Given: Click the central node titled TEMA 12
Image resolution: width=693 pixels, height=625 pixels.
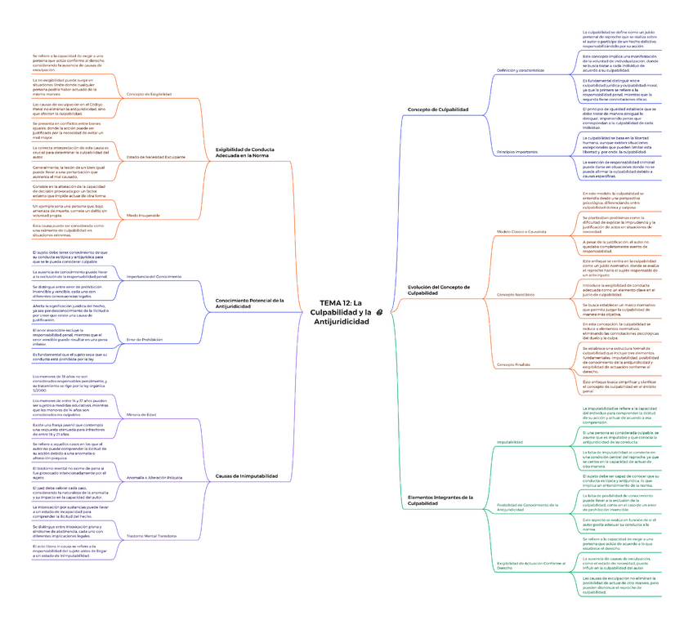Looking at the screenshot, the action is coord(340,312).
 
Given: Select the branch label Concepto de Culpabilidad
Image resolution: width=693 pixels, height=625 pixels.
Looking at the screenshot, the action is coord(437,109).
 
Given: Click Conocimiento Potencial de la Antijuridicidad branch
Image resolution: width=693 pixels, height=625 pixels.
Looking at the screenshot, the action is coord(249,304).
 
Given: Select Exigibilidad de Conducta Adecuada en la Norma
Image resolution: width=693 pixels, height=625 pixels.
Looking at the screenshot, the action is coord(244,153).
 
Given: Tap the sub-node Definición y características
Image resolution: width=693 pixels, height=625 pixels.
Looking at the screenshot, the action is coord(521,71).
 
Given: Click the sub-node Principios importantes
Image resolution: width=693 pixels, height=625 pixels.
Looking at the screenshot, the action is coord(516,152).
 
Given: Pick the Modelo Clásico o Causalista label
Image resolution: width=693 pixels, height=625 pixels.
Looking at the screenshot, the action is coord(521,232).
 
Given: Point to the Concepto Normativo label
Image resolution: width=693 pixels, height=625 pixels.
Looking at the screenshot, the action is coord(516,294).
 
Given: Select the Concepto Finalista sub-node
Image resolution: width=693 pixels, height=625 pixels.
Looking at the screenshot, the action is coord(514,364).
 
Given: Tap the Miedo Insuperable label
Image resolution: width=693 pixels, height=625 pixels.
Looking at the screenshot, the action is coord(143,215).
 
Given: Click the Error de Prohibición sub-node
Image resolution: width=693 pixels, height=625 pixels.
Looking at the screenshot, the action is coord(145,339).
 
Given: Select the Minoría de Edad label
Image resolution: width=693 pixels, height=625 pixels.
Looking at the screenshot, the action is coord(143,415).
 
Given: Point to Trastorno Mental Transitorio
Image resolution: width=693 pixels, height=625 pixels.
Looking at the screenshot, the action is coord(153,536).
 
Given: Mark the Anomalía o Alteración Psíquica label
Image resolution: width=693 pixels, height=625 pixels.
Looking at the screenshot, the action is coord(154,477).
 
